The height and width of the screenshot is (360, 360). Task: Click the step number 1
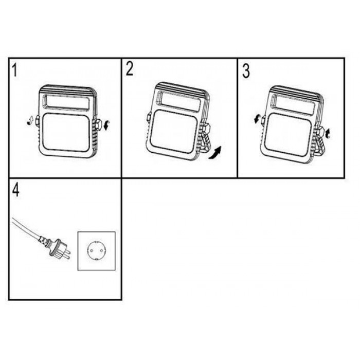click(15, 70)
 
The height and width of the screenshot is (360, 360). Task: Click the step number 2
click(130, 69)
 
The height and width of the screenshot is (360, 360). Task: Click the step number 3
click(246, 71)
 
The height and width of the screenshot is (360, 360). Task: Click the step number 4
click(15, 190)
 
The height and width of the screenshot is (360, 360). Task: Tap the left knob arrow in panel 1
click(30, 121)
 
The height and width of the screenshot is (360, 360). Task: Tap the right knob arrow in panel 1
click(106, 125)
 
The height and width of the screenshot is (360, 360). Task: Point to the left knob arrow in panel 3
click(257, 119)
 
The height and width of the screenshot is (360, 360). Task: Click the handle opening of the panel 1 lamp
click(66, 101)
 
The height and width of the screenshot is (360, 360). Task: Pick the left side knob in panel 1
click(37, 120)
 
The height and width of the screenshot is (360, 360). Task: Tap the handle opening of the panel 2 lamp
click(179, 101)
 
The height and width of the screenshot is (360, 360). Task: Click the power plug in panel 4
click(56, 247)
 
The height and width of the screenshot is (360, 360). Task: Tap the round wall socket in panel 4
click(97, 251)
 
